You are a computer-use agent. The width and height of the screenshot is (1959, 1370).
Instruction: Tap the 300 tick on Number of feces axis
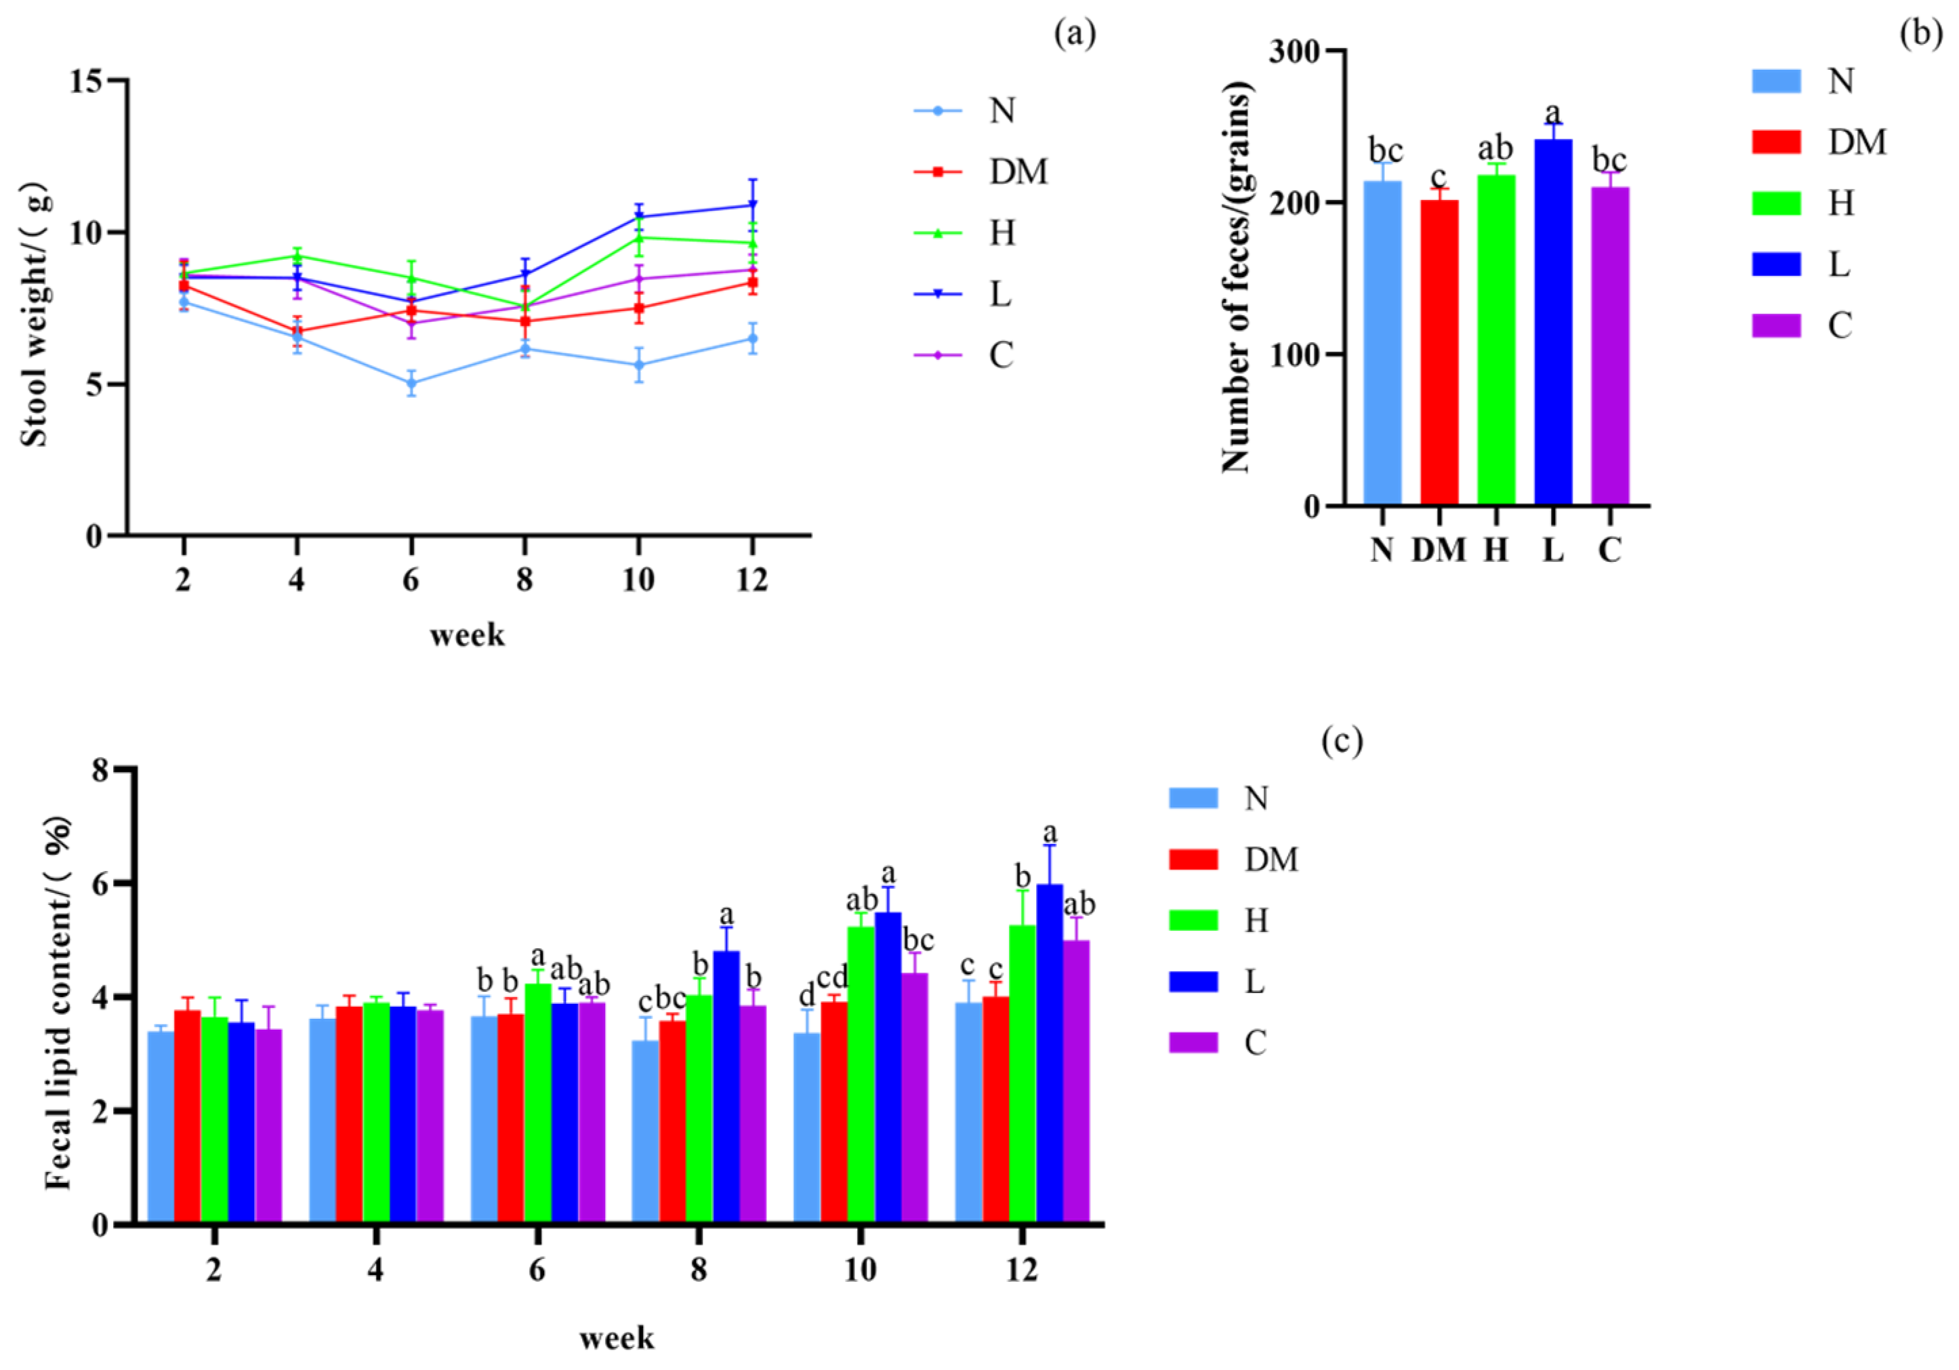[x=1294, y=52]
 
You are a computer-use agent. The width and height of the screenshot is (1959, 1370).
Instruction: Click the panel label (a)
[x=1074, y=34]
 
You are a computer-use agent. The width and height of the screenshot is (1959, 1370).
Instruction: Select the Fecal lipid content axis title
[x=58, y=1004]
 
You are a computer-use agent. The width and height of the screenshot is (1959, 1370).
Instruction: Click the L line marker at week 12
[x=751, y=205]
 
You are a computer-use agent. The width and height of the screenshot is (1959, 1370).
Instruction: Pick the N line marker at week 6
[x=411, y=383]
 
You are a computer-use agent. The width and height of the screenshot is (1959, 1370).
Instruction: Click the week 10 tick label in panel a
[x=638, y=580]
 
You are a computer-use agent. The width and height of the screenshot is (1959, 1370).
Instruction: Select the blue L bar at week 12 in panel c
[x=1048, y=1054]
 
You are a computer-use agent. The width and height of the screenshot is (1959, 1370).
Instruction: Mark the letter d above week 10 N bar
[x=806, y=995]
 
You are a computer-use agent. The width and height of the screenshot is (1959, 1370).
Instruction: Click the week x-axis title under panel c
[x=616, y=1337]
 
